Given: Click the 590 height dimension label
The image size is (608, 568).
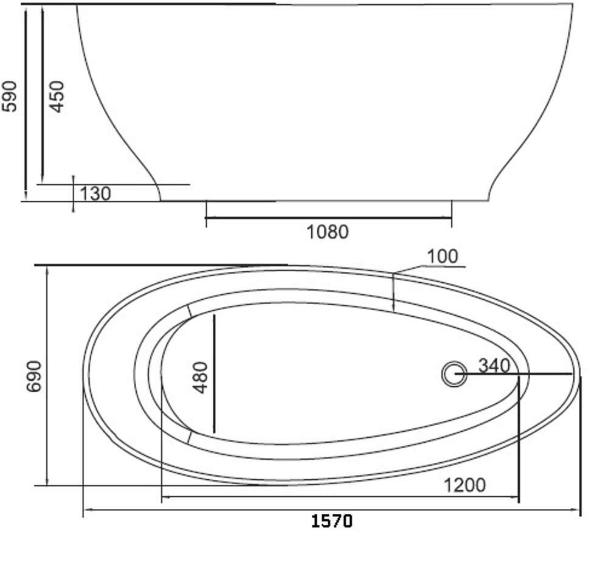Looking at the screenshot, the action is pos(10,97).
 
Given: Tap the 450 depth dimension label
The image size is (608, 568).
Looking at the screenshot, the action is pos(57,97).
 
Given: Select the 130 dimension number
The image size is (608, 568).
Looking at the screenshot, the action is pos(95,193).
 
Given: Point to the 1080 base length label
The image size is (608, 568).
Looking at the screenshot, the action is pos(328,232).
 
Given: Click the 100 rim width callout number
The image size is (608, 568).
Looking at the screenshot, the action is pos(443,256).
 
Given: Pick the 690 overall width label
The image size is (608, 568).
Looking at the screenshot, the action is pos(33,376).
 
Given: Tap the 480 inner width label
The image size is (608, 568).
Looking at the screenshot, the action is pos(201,377).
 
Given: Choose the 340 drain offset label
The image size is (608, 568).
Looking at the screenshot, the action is pos(494,365).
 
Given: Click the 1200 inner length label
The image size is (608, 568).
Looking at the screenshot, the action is pos(465,485).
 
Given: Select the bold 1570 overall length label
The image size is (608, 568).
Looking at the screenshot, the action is pos(332,521).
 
